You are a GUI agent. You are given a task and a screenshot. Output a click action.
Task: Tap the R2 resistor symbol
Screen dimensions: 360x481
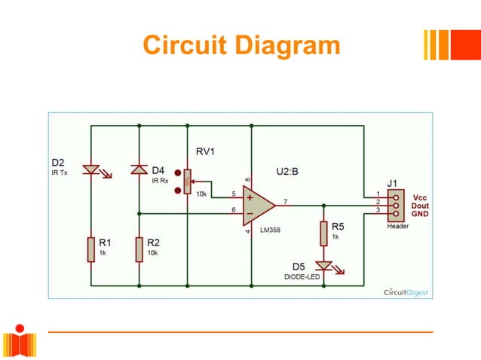coord(139,249)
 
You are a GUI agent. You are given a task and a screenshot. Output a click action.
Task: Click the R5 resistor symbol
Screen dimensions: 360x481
coord(323,233)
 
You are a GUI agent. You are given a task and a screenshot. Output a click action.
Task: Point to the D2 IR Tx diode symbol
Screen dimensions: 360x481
coord(90,171)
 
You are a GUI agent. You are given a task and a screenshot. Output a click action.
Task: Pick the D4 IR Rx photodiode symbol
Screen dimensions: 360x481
coord(139,170)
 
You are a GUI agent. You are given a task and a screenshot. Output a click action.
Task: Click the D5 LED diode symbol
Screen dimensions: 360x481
coord(324,266)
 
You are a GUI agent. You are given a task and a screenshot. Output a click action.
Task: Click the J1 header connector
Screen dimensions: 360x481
coord(394,203)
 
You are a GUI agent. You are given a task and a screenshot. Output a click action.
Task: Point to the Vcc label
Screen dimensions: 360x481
coord(418,195)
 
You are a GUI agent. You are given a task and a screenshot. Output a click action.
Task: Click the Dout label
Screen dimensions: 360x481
coord(420,204)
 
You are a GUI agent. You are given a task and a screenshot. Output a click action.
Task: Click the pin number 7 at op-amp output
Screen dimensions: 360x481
coord(285,200)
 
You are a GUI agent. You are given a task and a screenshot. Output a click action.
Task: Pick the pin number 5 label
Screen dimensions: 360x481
coord(233,194)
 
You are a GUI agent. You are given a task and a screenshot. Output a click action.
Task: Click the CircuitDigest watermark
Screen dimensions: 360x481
coord(406,291)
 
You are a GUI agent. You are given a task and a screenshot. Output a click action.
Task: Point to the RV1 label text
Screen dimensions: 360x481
coord(206,151)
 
